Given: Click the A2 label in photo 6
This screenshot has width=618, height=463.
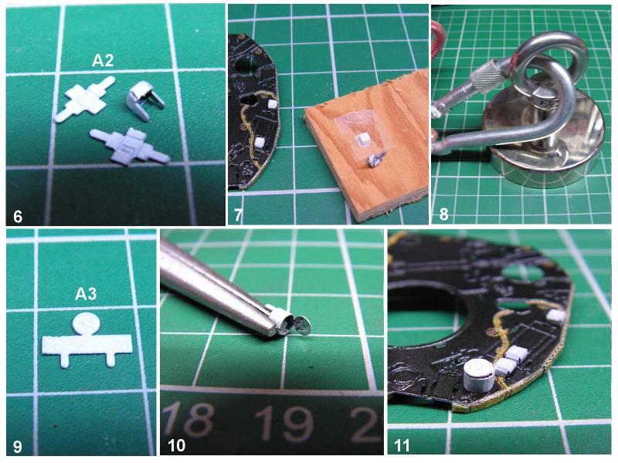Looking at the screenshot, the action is (103, 61).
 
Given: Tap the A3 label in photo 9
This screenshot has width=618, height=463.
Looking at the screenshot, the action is (86, 294).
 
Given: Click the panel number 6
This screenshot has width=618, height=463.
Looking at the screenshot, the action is (18, 217).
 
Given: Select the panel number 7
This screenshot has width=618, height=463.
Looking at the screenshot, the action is (238, 215).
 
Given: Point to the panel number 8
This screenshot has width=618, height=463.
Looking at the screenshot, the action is (443, 215).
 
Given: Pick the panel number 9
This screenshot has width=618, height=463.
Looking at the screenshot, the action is (18, 447).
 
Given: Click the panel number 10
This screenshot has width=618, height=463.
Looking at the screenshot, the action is (176, 446).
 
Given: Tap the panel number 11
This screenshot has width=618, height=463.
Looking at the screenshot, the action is (402, 446).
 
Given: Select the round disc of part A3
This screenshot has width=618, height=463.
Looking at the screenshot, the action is (87, 324).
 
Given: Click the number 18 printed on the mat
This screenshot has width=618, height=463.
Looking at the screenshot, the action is (188, 420).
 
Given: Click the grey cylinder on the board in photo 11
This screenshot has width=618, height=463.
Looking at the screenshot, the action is (478, 375).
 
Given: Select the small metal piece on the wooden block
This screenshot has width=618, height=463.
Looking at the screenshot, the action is (373, 160).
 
